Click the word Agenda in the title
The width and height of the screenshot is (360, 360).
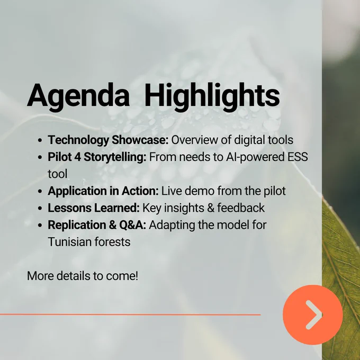tap(78, 97)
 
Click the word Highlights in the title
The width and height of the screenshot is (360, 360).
tap(212, 97)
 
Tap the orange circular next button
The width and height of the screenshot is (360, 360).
tap(313, 314)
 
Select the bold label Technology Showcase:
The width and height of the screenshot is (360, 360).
tap(108, 140)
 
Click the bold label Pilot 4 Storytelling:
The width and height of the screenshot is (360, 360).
tap(97, 157)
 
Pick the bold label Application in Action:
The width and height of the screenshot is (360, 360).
tap(103, 191)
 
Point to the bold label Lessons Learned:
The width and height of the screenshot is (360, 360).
tap(94, 208)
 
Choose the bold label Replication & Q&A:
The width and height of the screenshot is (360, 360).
tap(97, 225)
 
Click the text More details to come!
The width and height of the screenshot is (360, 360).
tap(83, 276)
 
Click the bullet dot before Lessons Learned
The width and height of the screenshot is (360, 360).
tap(40, 209)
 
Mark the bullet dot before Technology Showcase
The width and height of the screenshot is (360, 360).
tap(40, 140)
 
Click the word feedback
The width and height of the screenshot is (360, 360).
tap(241, 208)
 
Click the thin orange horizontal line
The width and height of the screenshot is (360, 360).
tap(130, 314)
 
